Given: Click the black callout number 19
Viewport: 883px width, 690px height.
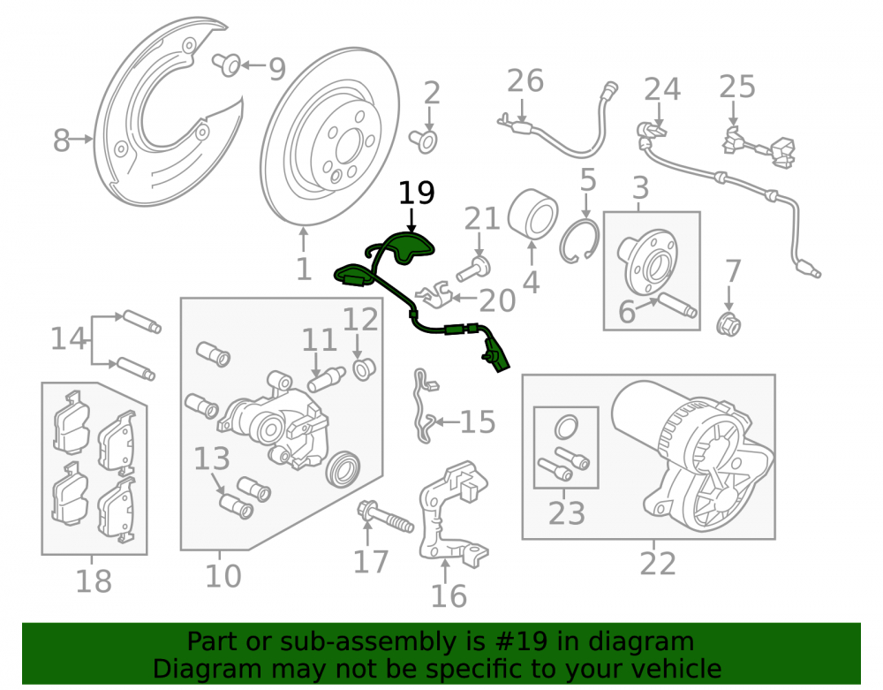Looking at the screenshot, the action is [417, 193].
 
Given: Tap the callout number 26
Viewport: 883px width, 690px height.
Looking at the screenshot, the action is [525, 80].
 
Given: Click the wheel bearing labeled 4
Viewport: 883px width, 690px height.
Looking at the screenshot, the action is [532, 214].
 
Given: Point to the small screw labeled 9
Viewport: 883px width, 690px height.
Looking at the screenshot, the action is [226, 64].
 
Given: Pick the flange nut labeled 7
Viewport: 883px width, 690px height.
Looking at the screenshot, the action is [728, 322].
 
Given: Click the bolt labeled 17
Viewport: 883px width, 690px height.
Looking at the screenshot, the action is [385, 517].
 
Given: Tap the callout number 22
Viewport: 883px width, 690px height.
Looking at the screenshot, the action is [657, 564].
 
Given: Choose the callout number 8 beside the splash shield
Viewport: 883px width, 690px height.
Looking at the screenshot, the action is [62, 140].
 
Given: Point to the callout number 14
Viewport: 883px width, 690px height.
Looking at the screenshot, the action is [69, 339].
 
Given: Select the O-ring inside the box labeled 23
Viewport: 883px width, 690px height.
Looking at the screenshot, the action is [566, 427].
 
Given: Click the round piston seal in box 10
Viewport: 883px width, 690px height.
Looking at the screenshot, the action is [344, 468].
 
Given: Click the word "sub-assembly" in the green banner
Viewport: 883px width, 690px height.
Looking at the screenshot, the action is [388, 641].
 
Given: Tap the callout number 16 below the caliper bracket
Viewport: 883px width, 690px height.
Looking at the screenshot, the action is [449, 596].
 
